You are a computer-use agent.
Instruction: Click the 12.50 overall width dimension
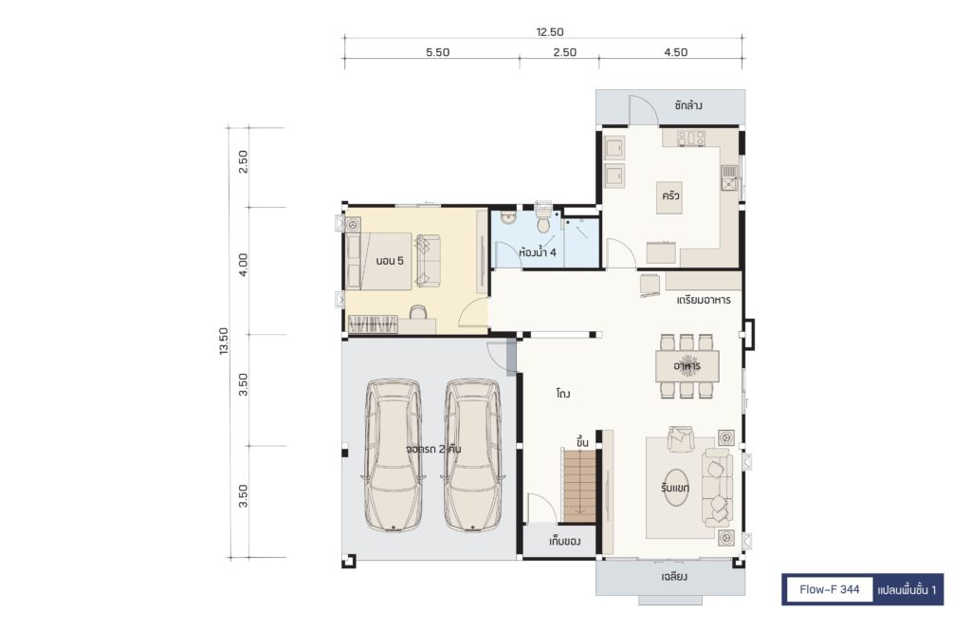tap(549, 32)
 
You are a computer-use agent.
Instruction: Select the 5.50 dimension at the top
tap(437, 52)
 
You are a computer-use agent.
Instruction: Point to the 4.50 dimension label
tap(675, 52)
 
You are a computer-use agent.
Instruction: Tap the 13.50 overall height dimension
tap(224, 341)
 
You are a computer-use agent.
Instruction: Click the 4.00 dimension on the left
tap(243, 265)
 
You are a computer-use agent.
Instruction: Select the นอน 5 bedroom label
tap(390, 261)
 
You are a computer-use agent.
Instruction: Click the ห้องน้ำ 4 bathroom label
tap(538, 252)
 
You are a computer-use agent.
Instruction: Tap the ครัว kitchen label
tap(670, 195)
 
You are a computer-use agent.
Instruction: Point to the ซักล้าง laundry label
tap(688, 105)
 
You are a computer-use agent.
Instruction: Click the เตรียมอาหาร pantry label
tap(704, 300)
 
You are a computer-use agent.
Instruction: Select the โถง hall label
tap(563, 394)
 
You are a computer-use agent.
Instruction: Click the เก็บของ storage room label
tap(564, 542)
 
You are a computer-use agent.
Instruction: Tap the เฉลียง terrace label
tap(674, 578)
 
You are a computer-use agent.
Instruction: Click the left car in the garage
tap(393, 455)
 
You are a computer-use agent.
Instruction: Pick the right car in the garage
tap(472, 455)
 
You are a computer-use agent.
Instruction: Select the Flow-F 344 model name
tap(829, 589)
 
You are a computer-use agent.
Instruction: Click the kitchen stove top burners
tap(691, 138)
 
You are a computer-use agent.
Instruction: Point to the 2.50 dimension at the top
tap(565, 52)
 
